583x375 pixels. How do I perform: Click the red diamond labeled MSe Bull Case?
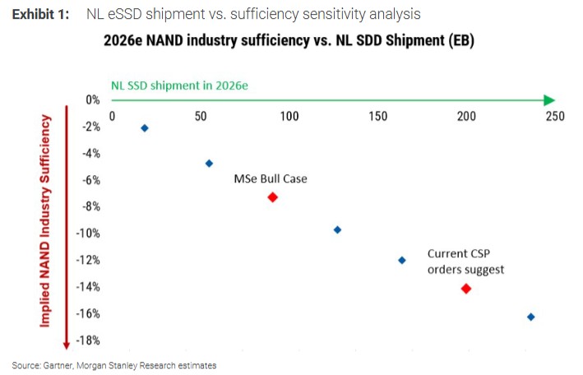tap(272, 197)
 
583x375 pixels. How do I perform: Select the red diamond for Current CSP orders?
tap(466, 289)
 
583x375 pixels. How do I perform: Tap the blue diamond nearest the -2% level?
tap(145, 128)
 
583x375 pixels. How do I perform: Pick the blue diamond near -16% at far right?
tap(530, 317)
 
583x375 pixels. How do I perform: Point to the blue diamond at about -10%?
tap(337, 229)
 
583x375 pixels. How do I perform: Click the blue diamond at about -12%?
tap(402, 260)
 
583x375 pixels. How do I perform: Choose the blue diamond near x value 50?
tap(209, 164)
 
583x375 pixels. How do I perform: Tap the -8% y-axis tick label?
tap(88, 206)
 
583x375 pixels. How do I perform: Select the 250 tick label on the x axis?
tap(555, 116)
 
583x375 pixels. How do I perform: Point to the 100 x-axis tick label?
tap(289, 116)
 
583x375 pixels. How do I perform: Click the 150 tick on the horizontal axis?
tap(378, 116)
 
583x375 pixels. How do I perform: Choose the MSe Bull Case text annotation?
tap(271, 178)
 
